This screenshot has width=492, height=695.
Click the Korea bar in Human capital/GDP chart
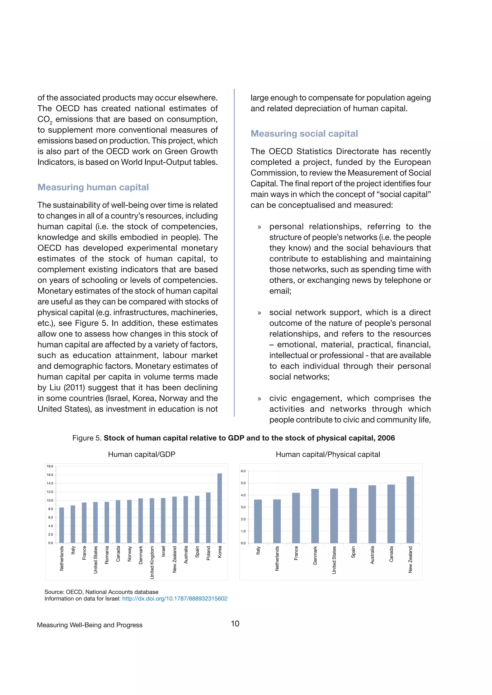tap(220, 508)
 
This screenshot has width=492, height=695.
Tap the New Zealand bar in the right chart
tap(410, 510)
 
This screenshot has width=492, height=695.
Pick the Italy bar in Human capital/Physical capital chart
tap(258, 521)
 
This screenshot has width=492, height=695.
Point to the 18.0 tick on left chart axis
tap(50, 466)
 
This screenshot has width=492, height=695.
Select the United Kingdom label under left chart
tap(152, 563)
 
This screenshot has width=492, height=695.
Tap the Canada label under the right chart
tap(391, 554)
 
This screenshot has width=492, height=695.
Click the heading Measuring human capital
tap(93, 187)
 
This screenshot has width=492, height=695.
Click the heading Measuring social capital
tap(304, 134)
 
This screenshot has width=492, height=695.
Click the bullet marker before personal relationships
tap(259, 227)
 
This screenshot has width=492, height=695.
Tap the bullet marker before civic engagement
tap(259, 399)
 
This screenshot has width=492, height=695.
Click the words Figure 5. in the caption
tap(87, 438)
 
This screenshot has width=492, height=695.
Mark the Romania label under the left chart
tap(107, 555)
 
